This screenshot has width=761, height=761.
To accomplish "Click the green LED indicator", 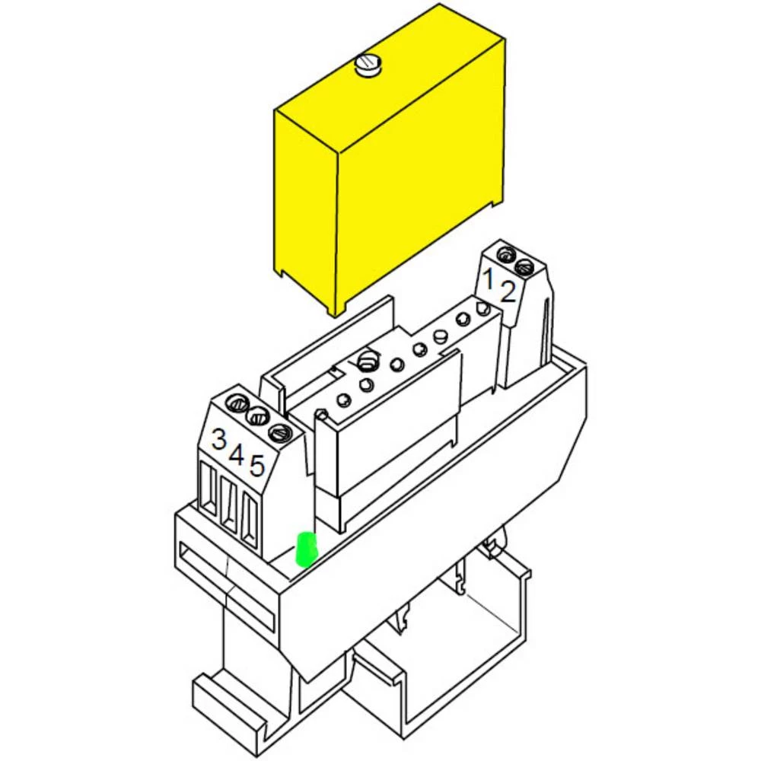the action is pos(306,549).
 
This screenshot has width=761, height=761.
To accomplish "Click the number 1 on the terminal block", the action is pos(489,278).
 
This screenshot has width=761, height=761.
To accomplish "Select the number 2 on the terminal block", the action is pos(507,292).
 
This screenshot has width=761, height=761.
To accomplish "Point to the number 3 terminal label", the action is pos(219,439).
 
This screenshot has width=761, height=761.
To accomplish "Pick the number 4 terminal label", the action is pos(237,454).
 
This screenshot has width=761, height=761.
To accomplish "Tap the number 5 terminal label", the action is pos(256,466).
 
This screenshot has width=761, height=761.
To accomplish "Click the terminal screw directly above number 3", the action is pos(238,403).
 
